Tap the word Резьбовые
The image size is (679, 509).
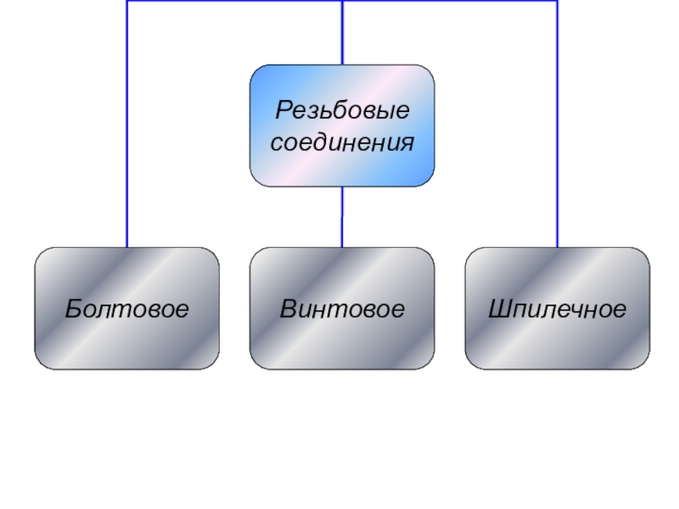point(342,110)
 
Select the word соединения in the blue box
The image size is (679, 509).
point(342,142)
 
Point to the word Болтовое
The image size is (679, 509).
point(126,309)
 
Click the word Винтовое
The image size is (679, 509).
point(342,309)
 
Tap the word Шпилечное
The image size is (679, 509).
point(558,309)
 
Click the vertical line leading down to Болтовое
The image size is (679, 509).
point(127,127)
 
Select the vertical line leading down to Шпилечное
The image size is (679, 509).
point(558,127)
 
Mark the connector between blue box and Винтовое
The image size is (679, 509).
point(342,216)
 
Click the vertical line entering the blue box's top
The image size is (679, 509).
point(342,34)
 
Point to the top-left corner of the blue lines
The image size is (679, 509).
point(127,2)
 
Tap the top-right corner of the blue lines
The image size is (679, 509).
point(558,2)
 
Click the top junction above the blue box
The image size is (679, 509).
point(342,2)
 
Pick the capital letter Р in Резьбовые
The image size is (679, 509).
point(282,110)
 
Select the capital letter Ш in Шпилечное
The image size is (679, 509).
point(498,309)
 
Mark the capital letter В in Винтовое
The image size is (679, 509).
point(289,309)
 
